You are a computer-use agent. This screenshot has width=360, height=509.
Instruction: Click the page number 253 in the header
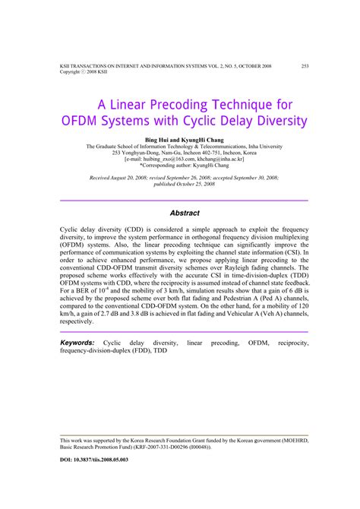[305, 65]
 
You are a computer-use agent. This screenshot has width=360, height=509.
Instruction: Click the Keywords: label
[77, 343]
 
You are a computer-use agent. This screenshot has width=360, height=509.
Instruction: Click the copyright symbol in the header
[86, 72]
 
